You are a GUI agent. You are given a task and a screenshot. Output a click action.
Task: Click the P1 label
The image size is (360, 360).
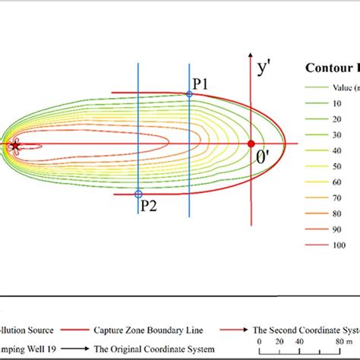[201, 84]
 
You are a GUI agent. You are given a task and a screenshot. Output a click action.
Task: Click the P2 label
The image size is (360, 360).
[148, 205]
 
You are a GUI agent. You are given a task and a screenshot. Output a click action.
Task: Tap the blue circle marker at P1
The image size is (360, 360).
[189, 93]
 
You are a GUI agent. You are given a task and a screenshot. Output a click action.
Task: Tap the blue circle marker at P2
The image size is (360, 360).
[137, 194]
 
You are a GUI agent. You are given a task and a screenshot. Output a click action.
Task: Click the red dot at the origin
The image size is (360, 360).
[251, 143]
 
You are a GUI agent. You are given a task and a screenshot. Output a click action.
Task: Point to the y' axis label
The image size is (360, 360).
[264, 68]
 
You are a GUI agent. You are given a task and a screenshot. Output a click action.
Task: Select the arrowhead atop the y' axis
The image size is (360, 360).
[251, 56]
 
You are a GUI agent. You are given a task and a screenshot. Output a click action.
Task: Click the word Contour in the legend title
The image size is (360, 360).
[325, 67]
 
